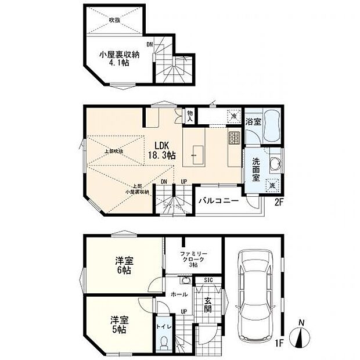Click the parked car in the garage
[253, 297]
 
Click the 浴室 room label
[253, 122]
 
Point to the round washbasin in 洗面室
[275, 165]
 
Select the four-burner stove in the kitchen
[235, 138]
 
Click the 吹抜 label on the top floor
[114, 20]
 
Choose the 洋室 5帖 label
[118, 324]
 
